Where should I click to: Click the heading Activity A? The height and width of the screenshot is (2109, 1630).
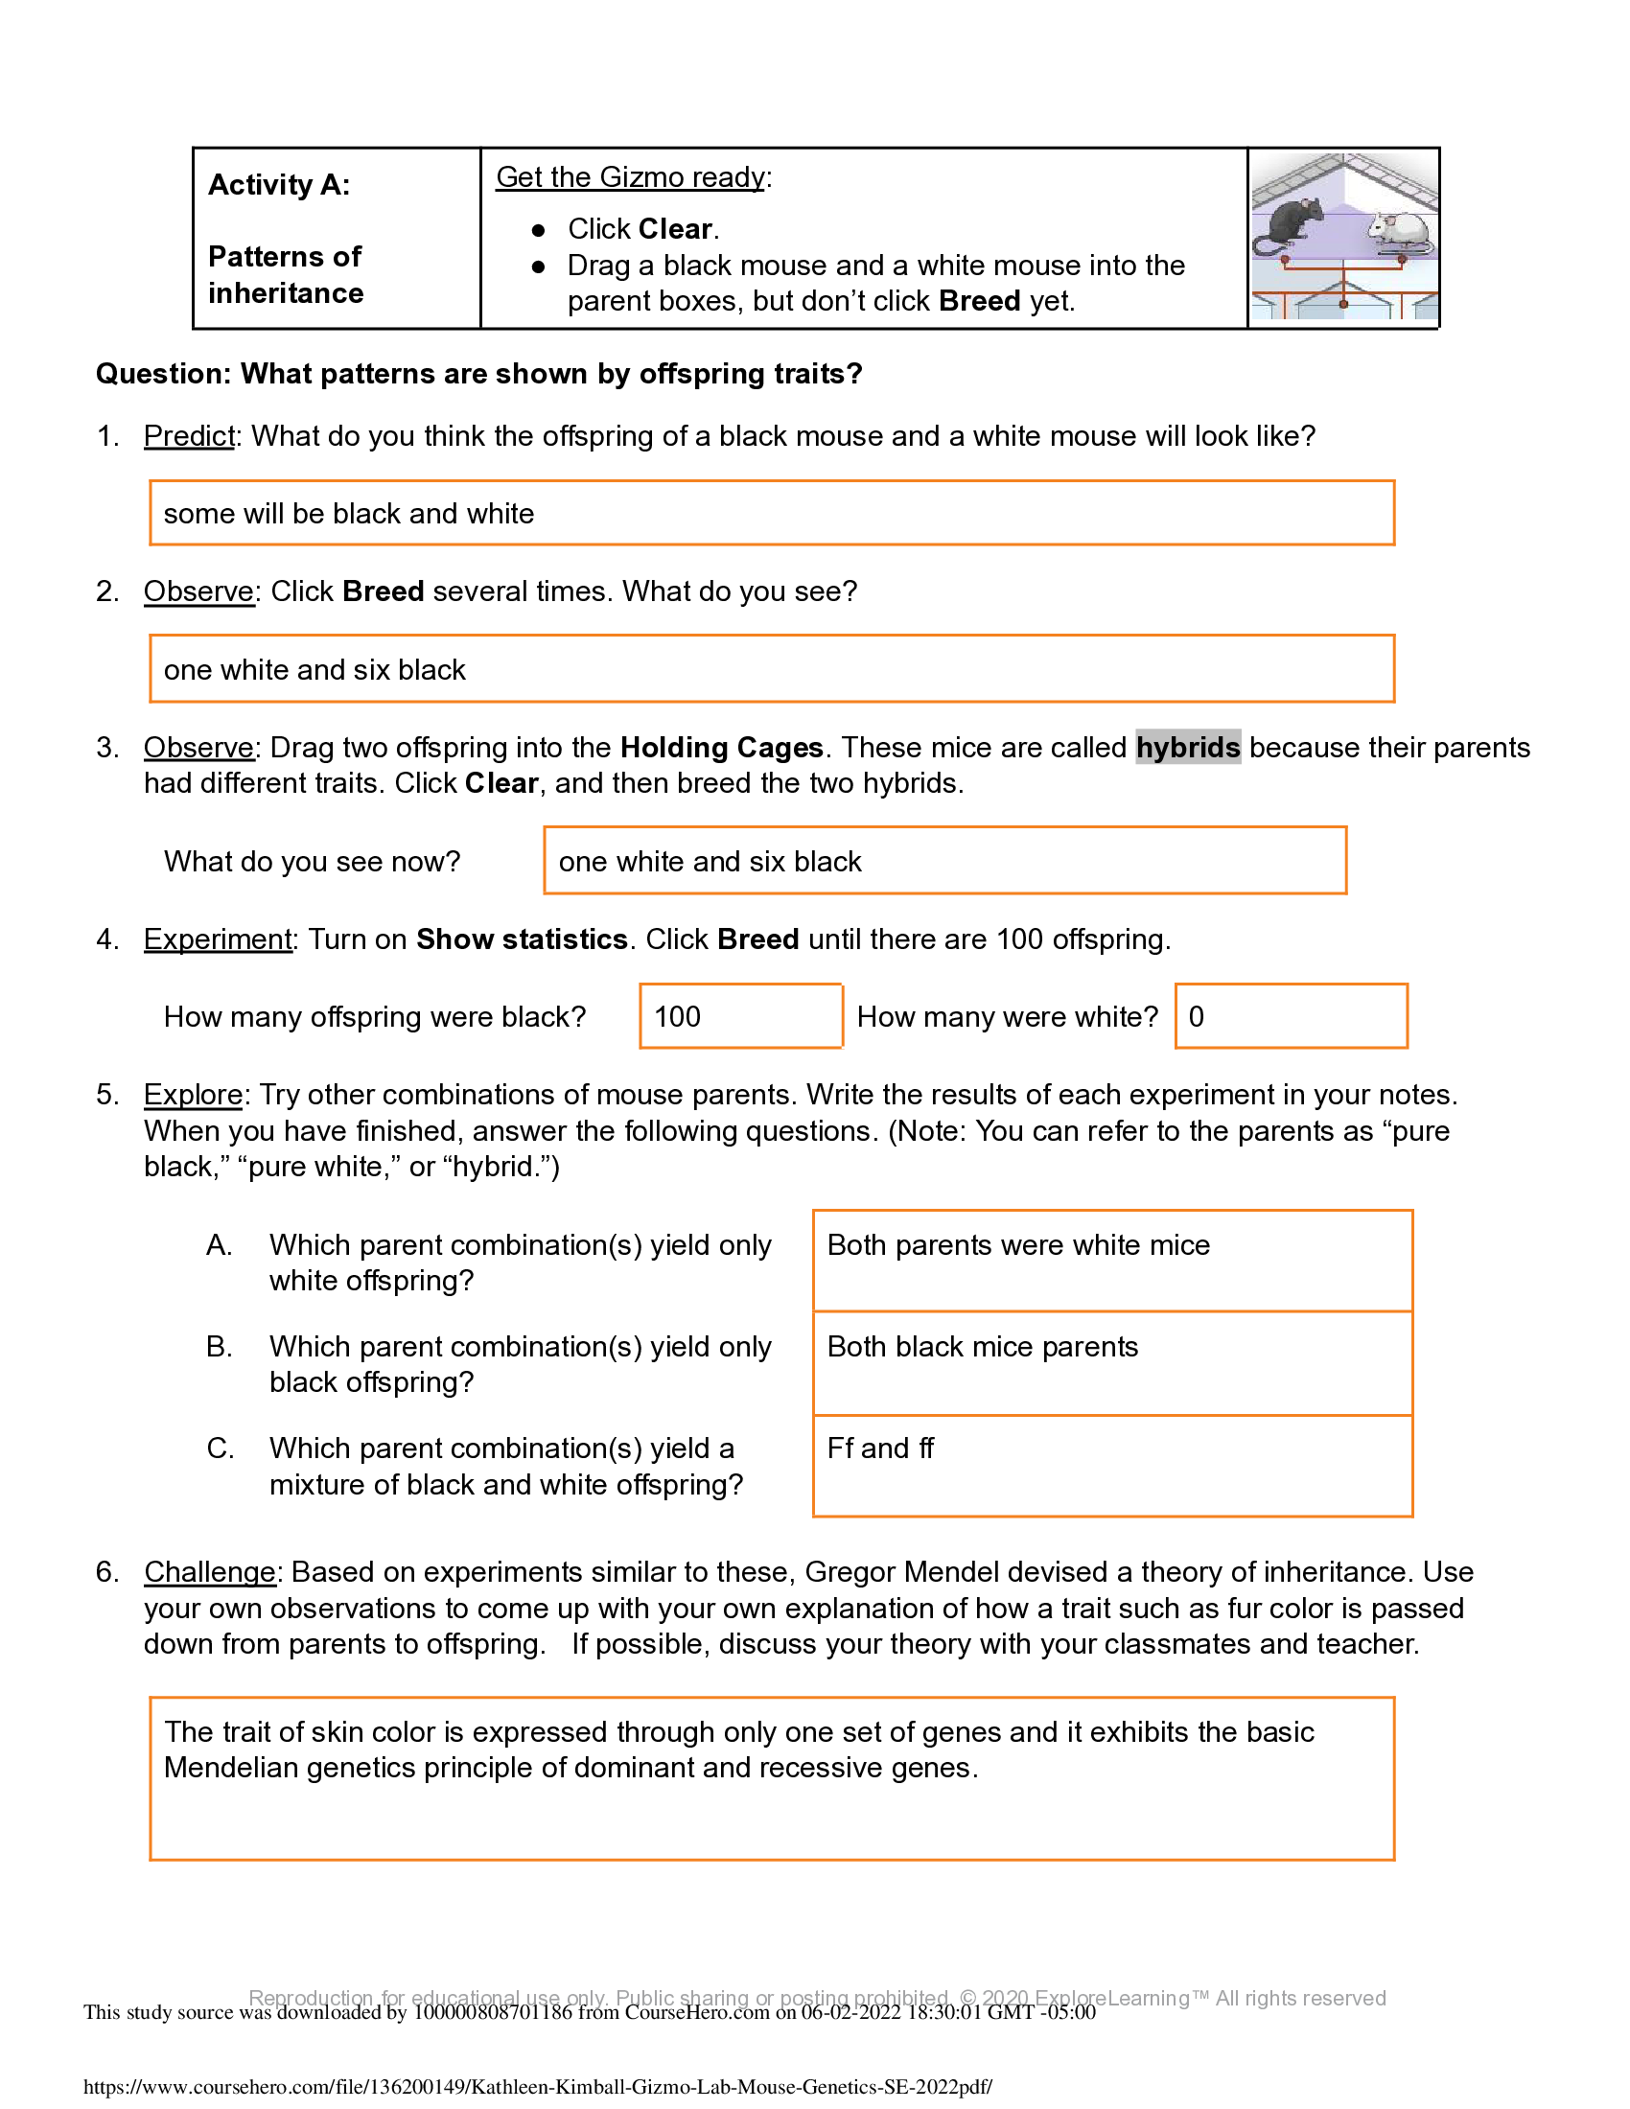click(x=279, y=184)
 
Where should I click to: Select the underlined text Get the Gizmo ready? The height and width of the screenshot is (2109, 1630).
click(x=631, y=177)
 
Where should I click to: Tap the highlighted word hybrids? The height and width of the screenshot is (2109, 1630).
click(x=1187, y=748)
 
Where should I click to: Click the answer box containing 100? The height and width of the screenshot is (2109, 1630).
click(x=739, y=1016)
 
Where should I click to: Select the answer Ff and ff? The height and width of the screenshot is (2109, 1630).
click(x=879, y=1448)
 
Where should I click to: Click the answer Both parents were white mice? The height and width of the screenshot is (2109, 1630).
click(x=1017, y=1244)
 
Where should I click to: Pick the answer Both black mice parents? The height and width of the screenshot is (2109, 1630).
click(x=982, y=1347)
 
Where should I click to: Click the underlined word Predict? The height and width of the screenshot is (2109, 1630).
click(x=189, y=436)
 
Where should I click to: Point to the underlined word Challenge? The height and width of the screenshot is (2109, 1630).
click(x=211, y=1572)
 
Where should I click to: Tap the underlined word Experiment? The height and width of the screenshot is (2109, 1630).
click(x=219, y=939)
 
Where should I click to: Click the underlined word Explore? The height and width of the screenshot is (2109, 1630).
click(x=193, y=1095)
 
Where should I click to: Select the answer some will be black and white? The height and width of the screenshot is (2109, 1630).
click(x=349, y=514)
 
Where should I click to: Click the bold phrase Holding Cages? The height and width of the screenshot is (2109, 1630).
click(x=721, y=748)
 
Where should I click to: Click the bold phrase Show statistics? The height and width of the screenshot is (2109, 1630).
click(x=522, y=939)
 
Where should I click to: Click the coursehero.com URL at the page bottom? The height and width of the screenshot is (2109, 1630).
click(x=538, y=2087)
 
